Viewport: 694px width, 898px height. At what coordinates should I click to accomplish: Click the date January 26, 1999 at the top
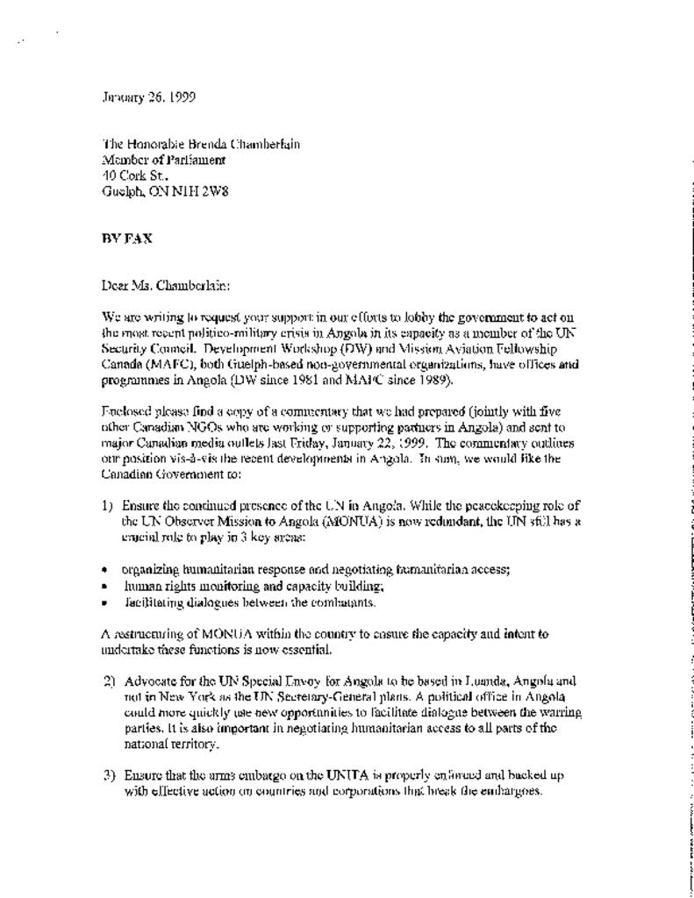coord(148,97)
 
